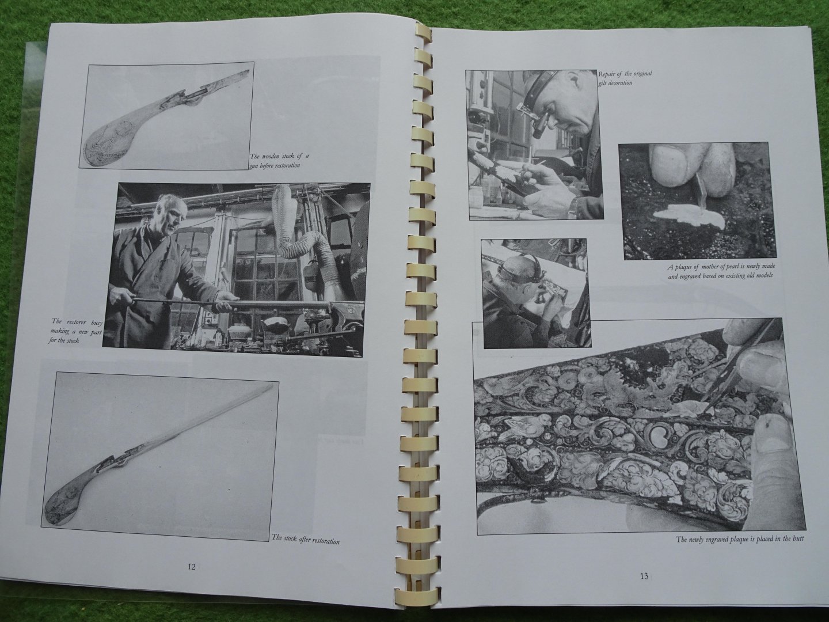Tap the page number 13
pyautogui.click(x=644, y=576)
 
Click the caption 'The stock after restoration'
pyautogui.click(x=306, y=539)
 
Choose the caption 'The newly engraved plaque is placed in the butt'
pyautogui.click(x=740, y=539)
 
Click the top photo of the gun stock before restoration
pyautogui.click(x=166, y=116)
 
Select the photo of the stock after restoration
pyautogui.click(x=160, y=456)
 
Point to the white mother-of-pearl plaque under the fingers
pyautogui.click(x=689, y=218)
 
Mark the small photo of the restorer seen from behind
pyautogui.click(x=536, y=294)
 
